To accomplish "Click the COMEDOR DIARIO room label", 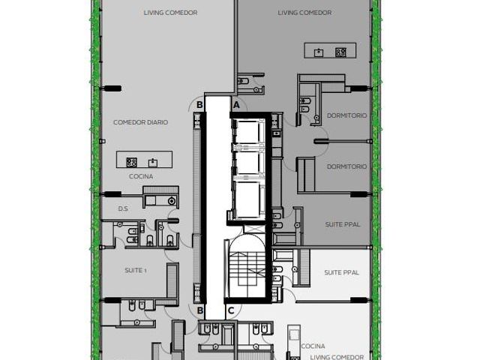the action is (140, 122).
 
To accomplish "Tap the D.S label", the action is (123, 208).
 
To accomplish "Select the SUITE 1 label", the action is (135, 270).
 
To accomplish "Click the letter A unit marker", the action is (236, 105).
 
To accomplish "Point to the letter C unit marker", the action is (231, 310).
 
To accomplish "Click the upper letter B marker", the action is (199, 105).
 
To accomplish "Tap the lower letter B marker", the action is (200, 310).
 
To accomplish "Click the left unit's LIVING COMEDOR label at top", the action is (170, 13).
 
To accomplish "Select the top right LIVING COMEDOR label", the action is (304, 13).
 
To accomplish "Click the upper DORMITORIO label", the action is (346, 115).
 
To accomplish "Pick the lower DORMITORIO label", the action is (346, 166).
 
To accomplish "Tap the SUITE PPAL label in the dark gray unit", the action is (343, 224).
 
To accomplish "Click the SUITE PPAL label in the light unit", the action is (342, 272).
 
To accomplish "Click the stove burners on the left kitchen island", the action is (132, 162).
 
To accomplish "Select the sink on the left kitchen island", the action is (153, 163).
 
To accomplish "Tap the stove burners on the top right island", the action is (340, 52).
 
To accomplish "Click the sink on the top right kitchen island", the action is (319, 52).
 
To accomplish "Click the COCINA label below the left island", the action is (141, 176).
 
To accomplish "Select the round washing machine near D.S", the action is (172, 201).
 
